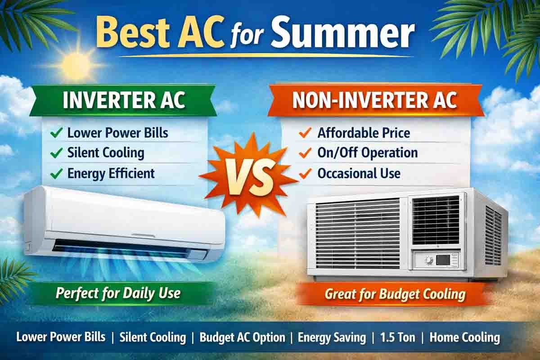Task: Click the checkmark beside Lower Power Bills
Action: (x=57, y=133)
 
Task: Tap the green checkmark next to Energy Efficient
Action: (x=57, y=173)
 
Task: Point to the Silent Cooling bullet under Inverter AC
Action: (x=106, y=153)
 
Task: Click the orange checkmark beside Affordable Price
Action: (x=305, y=133)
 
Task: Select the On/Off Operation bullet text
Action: (x=367, y=153)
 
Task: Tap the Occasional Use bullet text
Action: (x=359, y=173)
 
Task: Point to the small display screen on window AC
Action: (x=443, y=260)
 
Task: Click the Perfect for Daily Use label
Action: (x=118, y=294)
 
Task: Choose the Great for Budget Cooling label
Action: (x=395, y=294)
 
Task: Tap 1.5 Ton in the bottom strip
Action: (x=397, y=337)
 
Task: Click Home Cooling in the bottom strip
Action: (x=464, y=337)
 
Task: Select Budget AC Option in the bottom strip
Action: (x=242, y=337)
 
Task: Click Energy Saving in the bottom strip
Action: (x=332, y=337)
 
